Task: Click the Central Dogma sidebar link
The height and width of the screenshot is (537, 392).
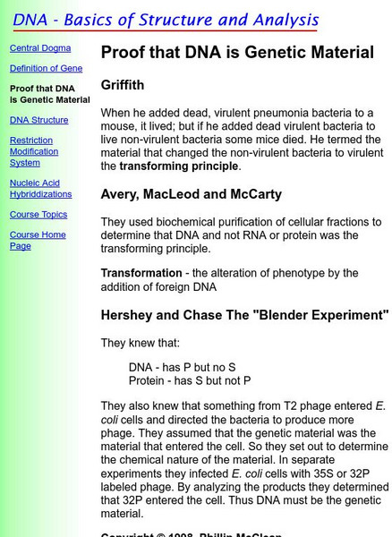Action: [x=38, y=48]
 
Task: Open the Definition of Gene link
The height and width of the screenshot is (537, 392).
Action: [x=46, y=68]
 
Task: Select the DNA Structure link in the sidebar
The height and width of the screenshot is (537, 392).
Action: [x=38, y=120]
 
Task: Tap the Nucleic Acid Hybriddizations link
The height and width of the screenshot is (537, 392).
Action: [x=40, y=188]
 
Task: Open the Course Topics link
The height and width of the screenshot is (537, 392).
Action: [x=38, y=215]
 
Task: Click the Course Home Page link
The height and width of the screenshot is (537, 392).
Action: [x=38, y=240]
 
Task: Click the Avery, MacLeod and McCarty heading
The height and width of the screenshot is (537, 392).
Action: [x=192, y=194]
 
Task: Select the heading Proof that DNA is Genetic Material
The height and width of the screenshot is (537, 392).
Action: [x=237, y=53]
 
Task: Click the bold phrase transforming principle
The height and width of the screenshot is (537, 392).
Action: [x=179, y=166]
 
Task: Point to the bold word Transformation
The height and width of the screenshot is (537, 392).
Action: [x=141, y=273]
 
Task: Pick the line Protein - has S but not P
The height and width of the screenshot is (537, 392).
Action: [x=190, y=380]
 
